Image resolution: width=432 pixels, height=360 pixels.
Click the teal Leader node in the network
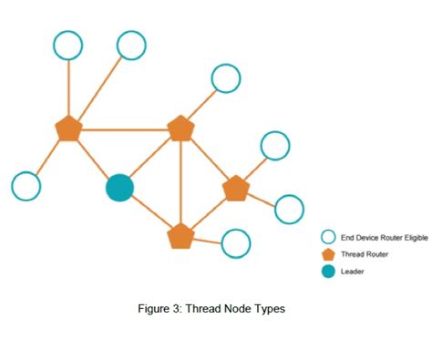[x=119, y=188]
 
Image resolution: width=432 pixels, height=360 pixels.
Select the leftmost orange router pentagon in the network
[x=68, y=129]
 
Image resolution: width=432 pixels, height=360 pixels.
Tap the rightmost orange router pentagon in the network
[x=235, y=188]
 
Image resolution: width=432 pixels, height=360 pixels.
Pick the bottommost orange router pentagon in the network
[x=180, y=236]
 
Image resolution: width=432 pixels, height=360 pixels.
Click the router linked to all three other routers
[x=180, y=129]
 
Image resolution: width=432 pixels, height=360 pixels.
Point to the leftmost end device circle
[x=26, y=185]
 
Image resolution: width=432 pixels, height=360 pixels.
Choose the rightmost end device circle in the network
[x=289, y=209]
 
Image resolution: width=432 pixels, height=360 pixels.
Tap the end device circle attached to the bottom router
[x=235, y=243]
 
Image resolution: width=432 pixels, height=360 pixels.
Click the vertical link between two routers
[x=180, y=182]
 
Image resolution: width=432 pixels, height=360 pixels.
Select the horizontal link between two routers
[x=124, y=129]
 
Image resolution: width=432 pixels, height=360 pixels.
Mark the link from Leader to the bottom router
[x=150, y=212]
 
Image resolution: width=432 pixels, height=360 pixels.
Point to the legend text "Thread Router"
[x=365, y=254]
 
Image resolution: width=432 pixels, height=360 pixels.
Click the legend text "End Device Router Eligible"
[x=384, y=237]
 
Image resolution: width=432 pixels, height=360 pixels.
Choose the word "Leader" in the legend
[x=353, y=272]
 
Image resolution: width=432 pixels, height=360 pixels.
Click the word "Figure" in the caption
[x=154, y=309]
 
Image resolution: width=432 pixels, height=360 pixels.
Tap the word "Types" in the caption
[x=270, y=309]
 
